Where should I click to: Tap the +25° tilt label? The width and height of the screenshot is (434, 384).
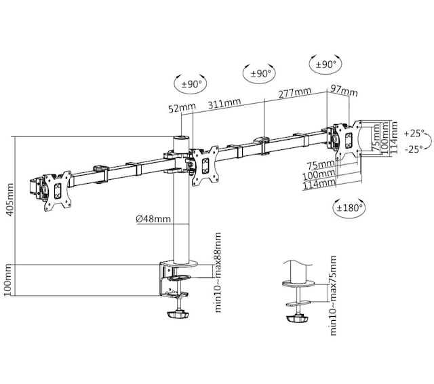click(414, 133)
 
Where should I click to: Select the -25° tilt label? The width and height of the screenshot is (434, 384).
click(414, 147)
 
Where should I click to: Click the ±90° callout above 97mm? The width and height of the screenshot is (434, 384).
click(326, 64)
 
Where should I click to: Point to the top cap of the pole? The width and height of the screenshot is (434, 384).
click(181, 138)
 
